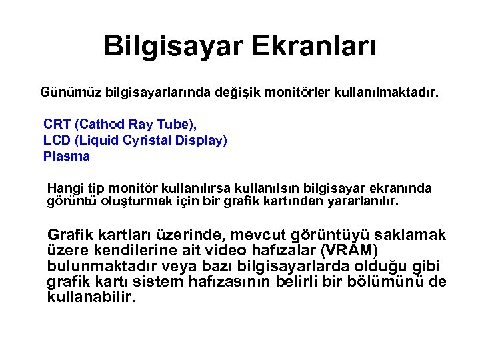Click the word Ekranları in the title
[x=316, y=46]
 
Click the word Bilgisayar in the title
[x=175, y=46]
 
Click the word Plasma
[x=66, y=157]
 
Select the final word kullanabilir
[x=91, y=297]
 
